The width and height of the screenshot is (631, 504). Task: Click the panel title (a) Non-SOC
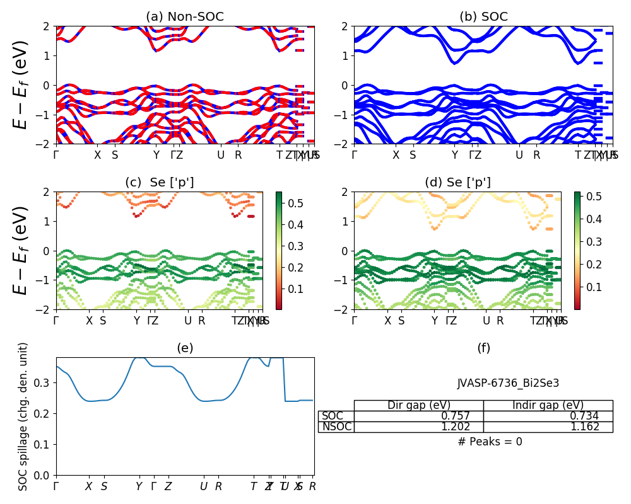(184, 17)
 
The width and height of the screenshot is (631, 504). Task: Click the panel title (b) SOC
(483, 17)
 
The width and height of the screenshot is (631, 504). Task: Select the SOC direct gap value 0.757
(464, 416)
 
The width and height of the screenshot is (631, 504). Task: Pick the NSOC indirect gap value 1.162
(594, 427)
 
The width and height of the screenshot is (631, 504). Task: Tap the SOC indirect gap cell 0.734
(594, 416)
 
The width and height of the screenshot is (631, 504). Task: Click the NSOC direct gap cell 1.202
(464, 427)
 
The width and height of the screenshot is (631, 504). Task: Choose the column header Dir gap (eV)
(418, 406)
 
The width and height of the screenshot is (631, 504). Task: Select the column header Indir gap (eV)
(548, 406)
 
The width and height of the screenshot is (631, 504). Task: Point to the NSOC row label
(336, 427)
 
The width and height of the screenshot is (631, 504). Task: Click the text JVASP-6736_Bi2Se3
(508, 383)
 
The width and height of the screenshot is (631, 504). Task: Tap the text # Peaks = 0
(490, 442)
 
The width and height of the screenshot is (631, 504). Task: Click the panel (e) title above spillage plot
(185, 348)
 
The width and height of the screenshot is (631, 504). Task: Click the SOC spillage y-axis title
(23, 416)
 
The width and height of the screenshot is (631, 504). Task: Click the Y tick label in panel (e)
(139, 486)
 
